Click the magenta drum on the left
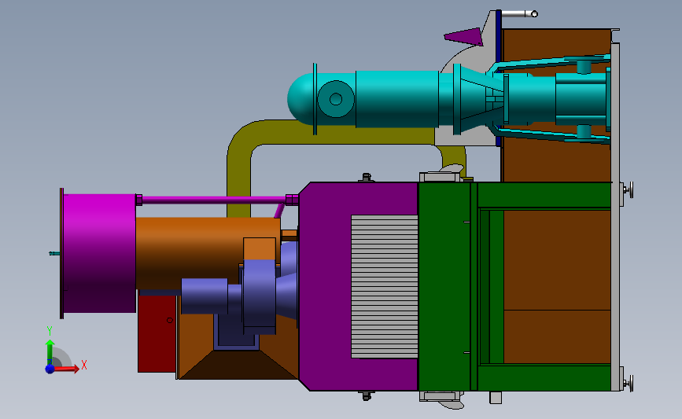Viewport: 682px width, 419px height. coord(98,252)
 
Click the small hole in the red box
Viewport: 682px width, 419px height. coord(169,320)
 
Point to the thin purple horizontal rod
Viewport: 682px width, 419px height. coord(212,200)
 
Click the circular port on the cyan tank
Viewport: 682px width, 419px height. coord(335,99)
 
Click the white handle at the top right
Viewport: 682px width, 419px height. coord(519,13)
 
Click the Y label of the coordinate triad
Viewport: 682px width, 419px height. coord(49,331)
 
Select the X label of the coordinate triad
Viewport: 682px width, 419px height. coord(83,365)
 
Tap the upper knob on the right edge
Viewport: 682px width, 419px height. coord(629,189)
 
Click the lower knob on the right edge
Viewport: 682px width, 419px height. coord(629,383)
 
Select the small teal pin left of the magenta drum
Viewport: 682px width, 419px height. coord(53,253)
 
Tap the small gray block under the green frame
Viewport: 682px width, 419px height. coord(495,398)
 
